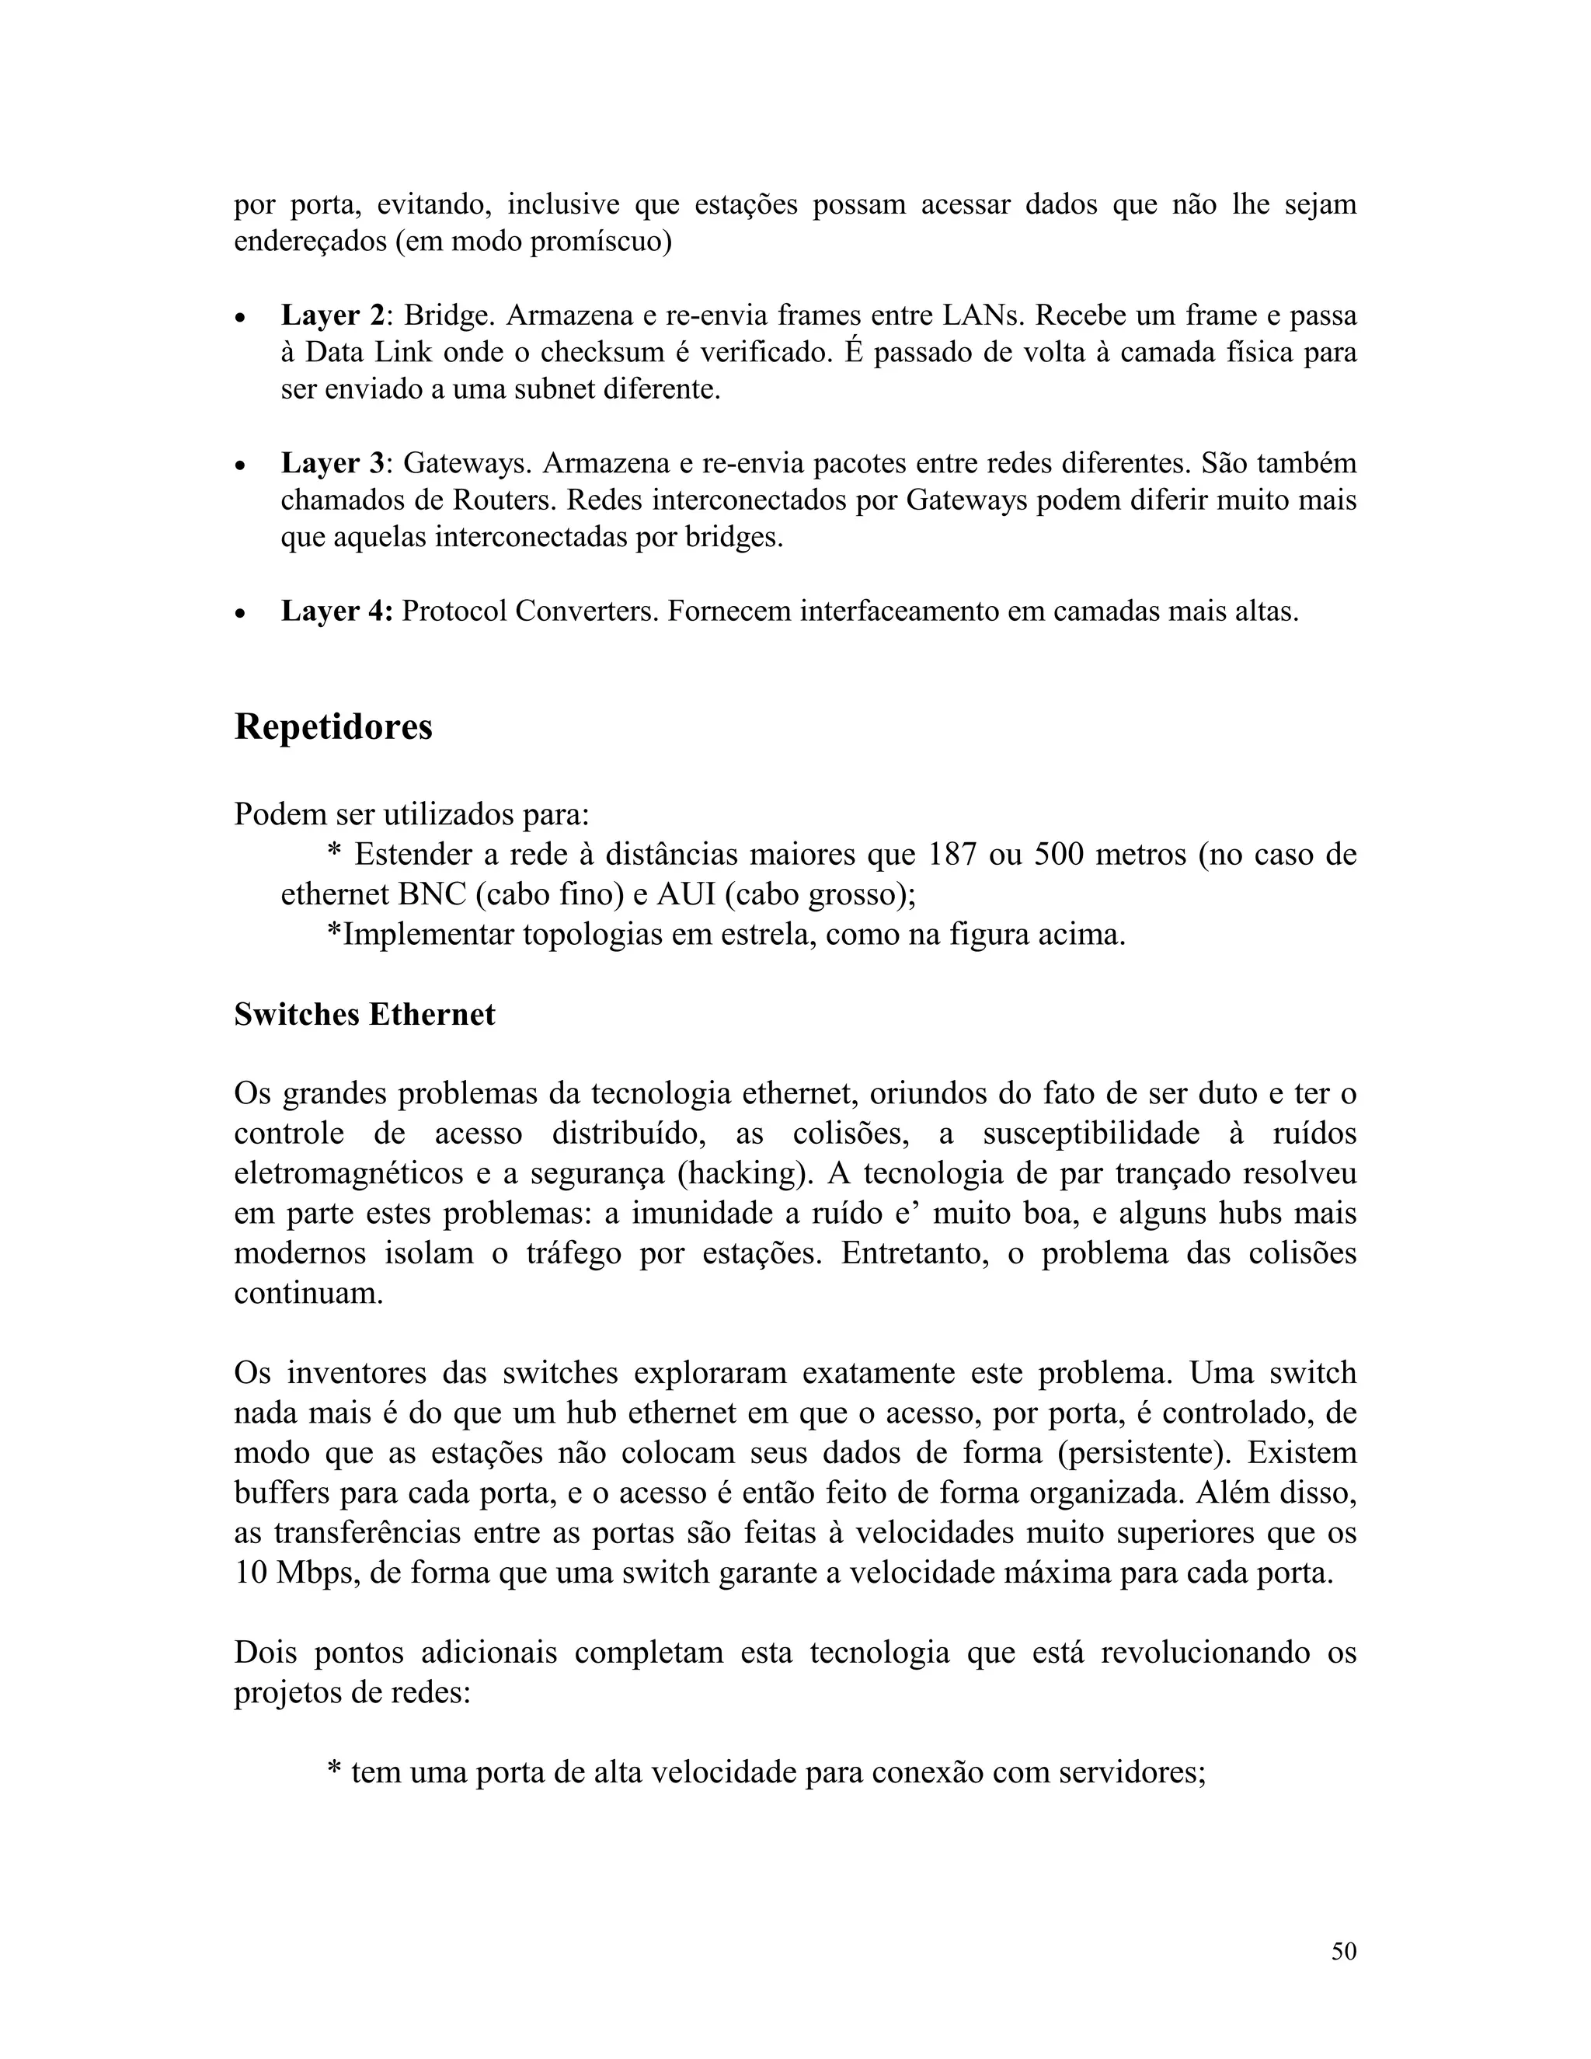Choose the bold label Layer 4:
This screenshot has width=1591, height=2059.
click(336, 611)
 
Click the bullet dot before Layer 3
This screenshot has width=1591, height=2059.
click(242, 465)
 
